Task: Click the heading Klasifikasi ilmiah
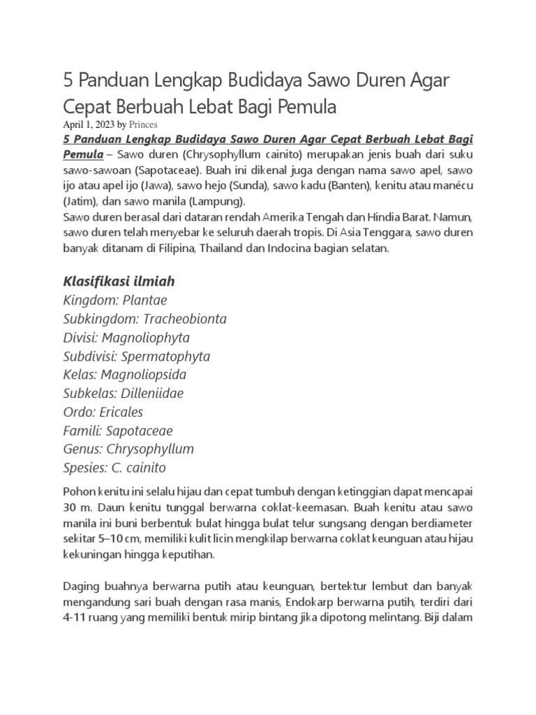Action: [x=119, y=281]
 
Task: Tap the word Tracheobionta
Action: [x=185, y=319]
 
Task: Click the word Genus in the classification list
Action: [x=81, y=449]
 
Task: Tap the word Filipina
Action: [x=178, y=249]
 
